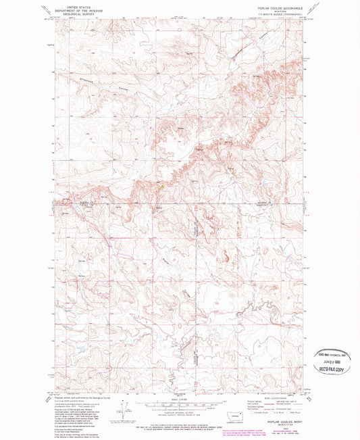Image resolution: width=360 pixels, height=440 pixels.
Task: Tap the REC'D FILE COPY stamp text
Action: pos(334,371)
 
